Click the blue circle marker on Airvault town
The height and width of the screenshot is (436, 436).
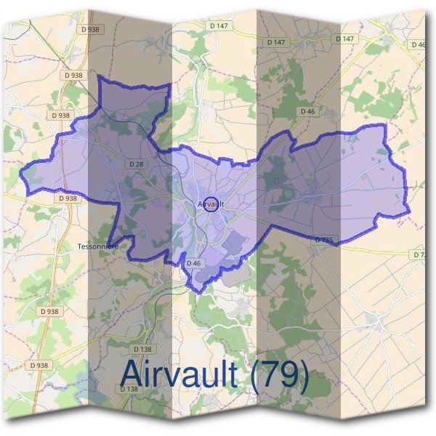tap(211, 204)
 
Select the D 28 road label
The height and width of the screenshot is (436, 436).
tap(137, 164)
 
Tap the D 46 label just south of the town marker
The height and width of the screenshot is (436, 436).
tap(193, 262)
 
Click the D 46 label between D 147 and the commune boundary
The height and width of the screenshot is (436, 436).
tap(307, 112)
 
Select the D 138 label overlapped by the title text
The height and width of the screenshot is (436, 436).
tap(128, 389)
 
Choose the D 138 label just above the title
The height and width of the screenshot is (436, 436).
tap(142, 329)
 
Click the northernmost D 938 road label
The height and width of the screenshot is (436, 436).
tap(90, 29)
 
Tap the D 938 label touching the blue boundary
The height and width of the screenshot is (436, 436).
tap(67, 198)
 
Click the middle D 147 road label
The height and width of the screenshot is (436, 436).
tap(276, 42)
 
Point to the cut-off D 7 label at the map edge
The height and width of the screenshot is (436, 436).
tap(419, 254)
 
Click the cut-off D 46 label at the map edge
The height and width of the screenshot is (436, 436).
tap(419, 45)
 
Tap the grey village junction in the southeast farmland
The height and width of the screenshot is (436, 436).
tap(376, 320)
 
